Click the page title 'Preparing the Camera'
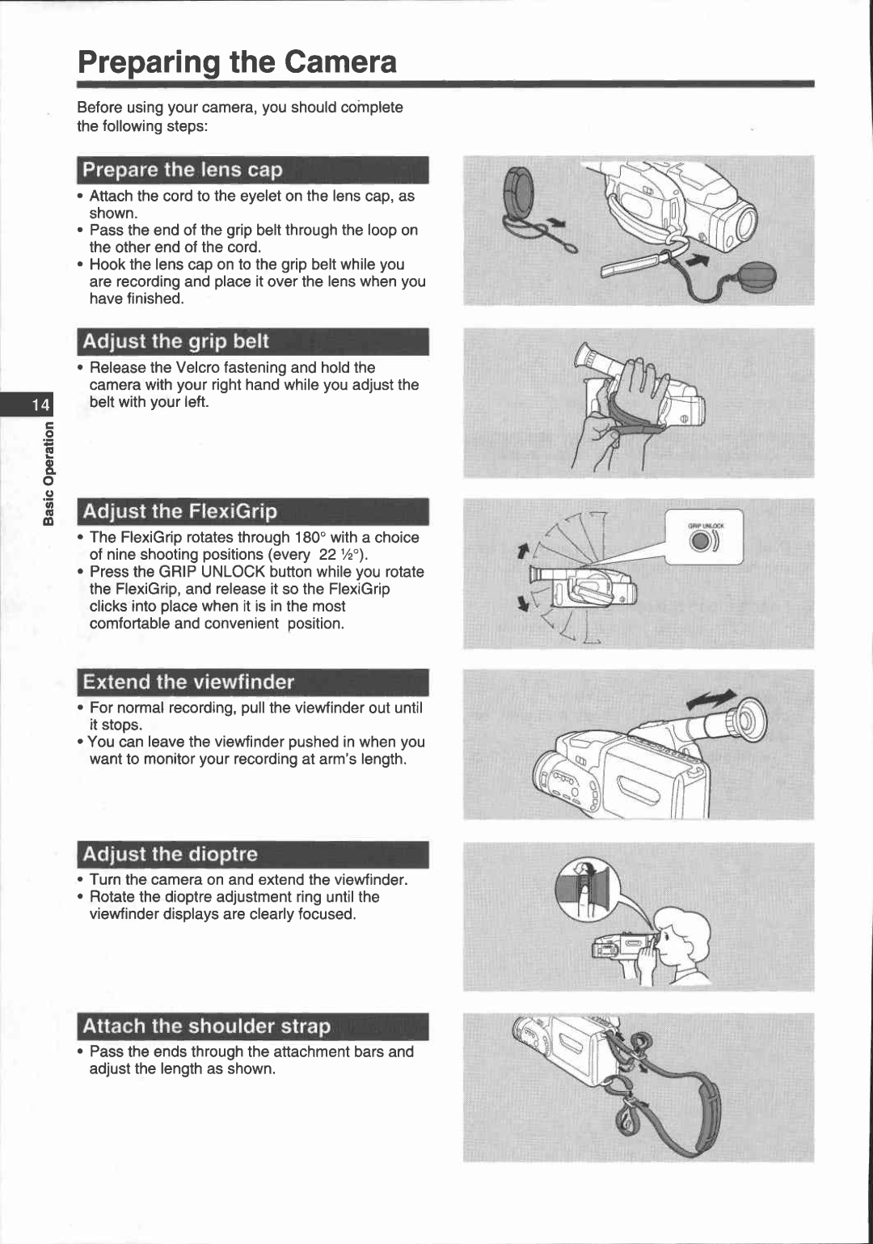click(x=237, y=62)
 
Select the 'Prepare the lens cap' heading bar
click(x=252, y=170)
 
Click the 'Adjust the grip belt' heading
click(x=252, y=341)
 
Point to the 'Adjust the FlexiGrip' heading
click(x=252, y=511)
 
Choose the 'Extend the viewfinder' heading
click(x=252, y=682)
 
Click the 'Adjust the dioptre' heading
click(x=252, y=854)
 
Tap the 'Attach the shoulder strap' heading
click(x=252, y=1026)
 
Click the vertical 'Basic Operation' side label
click(x=48, y=473)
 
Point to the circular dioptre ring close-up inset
click(x=588, y=888)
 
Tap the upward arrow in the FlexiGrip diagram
click(x=523, y=551)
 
